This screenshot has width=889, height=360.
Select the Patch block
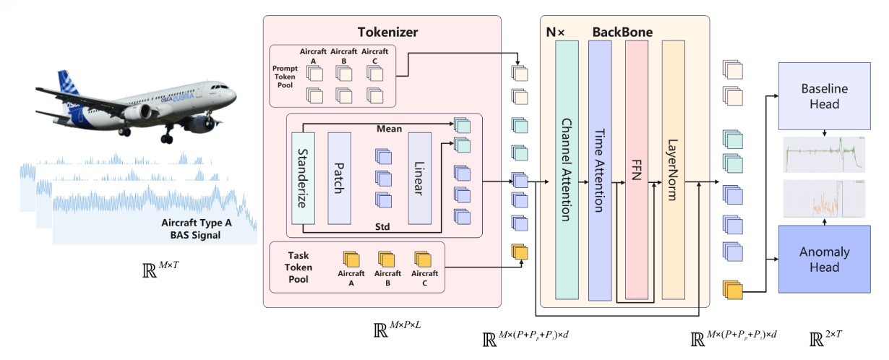339,178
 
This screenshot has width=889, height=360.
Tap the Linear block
420,178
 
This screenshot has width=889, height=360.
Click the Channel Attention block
567,170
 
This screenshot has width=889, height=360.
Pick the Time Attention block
600,170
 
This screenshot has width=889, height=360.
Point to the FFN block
637,170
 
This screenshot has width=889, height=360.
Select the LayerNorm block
673,170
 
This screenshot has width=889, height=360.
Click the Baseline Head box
820,96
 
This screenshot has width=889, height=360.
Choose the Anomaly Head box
820,259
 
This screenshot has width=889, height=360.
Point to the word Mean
390,129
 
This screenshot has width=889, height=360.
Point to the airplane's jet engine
139,112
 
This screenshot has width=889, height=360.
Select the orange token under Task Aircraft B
387,259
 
